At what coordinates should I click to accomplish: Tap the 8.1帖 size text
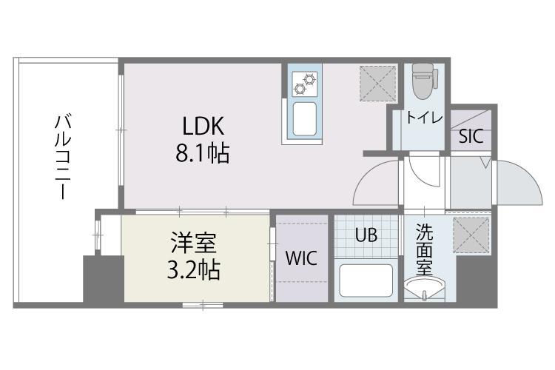tap(201, 154)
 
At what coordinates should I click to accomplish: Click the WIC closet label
tap(301, 259)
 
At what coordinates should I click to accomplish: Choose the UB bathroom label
tap(366, 236)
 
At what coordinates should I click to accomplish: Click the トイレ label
tap(423, 118)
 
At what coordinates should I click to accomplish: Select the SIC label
tap(471, 137)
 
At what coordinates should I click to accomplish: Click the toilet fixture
tap(423, 79)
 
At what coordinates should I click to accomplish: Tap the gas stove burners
tap(305, 83)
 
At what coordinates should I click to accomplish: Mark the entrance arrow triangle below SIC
tap(485, 162)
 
